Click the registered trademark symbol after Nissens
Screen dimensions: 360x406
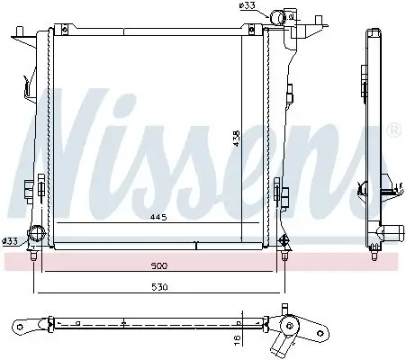393,131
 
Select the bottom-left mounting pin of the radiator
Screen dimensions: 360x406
34,256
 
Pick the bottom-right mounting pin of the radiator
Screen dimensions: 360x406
285,256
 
